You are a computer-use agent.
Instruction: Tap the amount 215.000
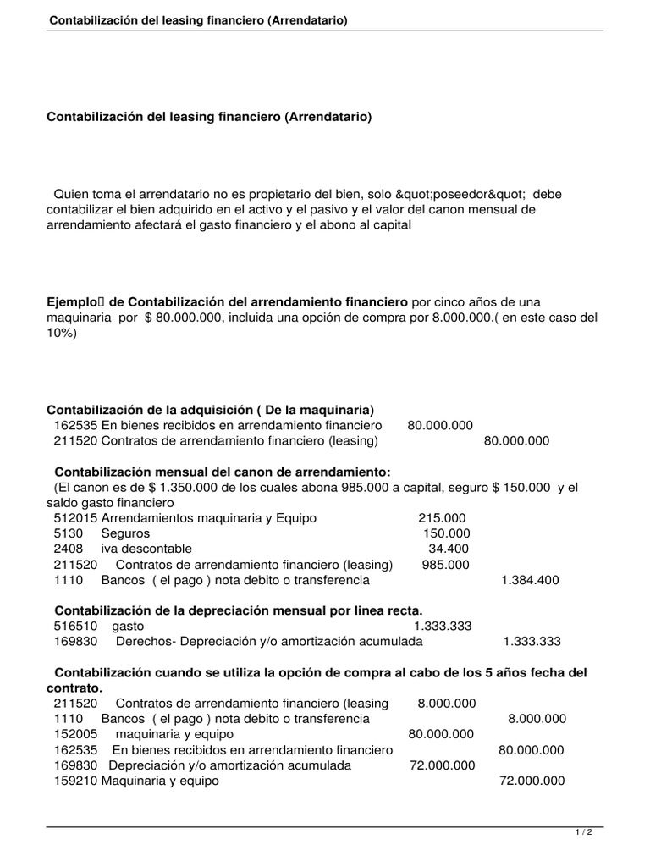pyautogui.click(x=442, y=517)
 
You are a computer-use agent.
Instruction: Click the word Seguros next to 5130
pyautogui.click(x=125, y=533)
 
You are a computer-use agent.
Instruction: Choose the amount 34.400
pyautogui.click(x=449, y=549)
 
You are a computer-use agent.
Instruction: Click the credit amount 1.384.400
pyautogui.click(x=530, y=580)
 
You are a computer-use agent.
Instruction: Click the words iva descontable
pyautogui.click(x=146, y=549)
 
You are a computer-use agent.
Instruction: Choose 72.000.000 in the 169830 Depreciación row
pyautogui.click(x=442, y=765)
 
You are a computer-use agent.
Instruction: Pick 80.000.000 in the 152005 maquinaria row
pyautogui.click(x=441, y=734)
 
